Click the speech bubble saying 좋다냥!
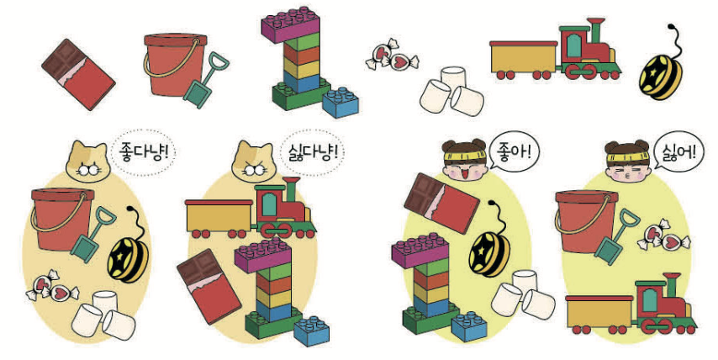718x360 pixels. (143, 153)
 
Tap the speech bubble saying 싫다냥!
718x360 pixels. (313, 153)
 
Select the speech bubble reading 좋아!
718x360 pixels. (514, 152)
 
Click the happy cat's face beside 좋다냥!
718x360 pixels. (88, 161)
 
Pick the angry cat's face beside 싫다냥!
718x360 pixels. (253, 161)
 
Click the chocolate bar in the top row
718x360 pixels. (78, 74)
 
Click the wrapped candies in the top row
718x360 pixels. (392, 56)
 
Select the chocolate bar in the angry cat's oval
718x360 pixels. (209, 287)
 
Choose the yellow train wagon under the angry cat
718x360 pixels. (219, 216)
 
